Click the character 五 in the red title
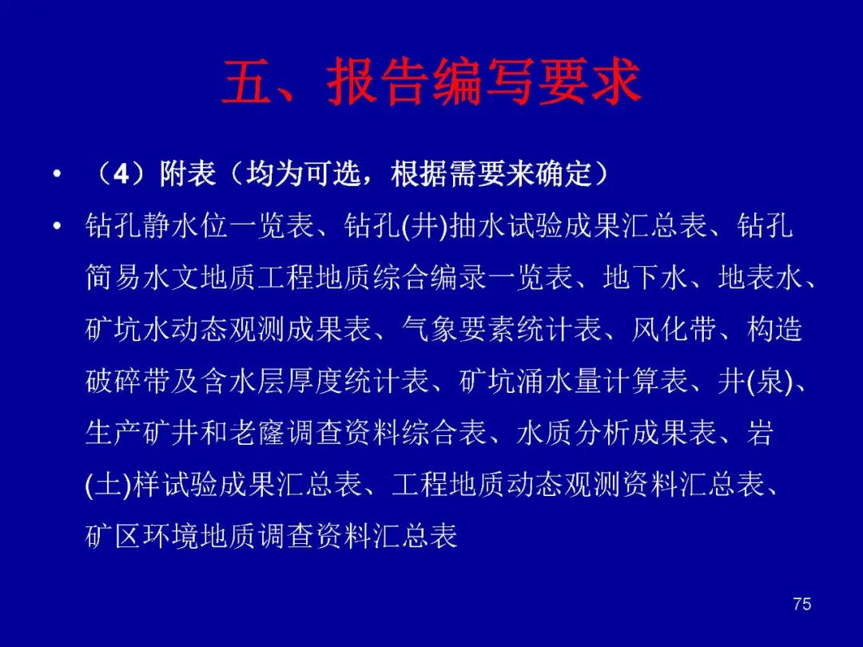point(247,82)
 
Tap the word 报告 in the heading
point(379,82)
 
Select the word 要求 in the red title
point(590,82)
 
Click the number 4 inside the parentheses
point(121,174)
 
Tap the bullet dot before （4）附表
point(57,175)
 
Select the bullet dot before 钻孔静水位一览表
point(57,226)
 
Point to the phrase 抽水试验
point(507,225)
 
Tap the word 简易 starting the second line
point(113,277)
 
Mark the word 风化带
point(674,329)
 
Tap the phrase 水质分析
point(574,432)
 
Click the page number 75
point(802,604)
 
